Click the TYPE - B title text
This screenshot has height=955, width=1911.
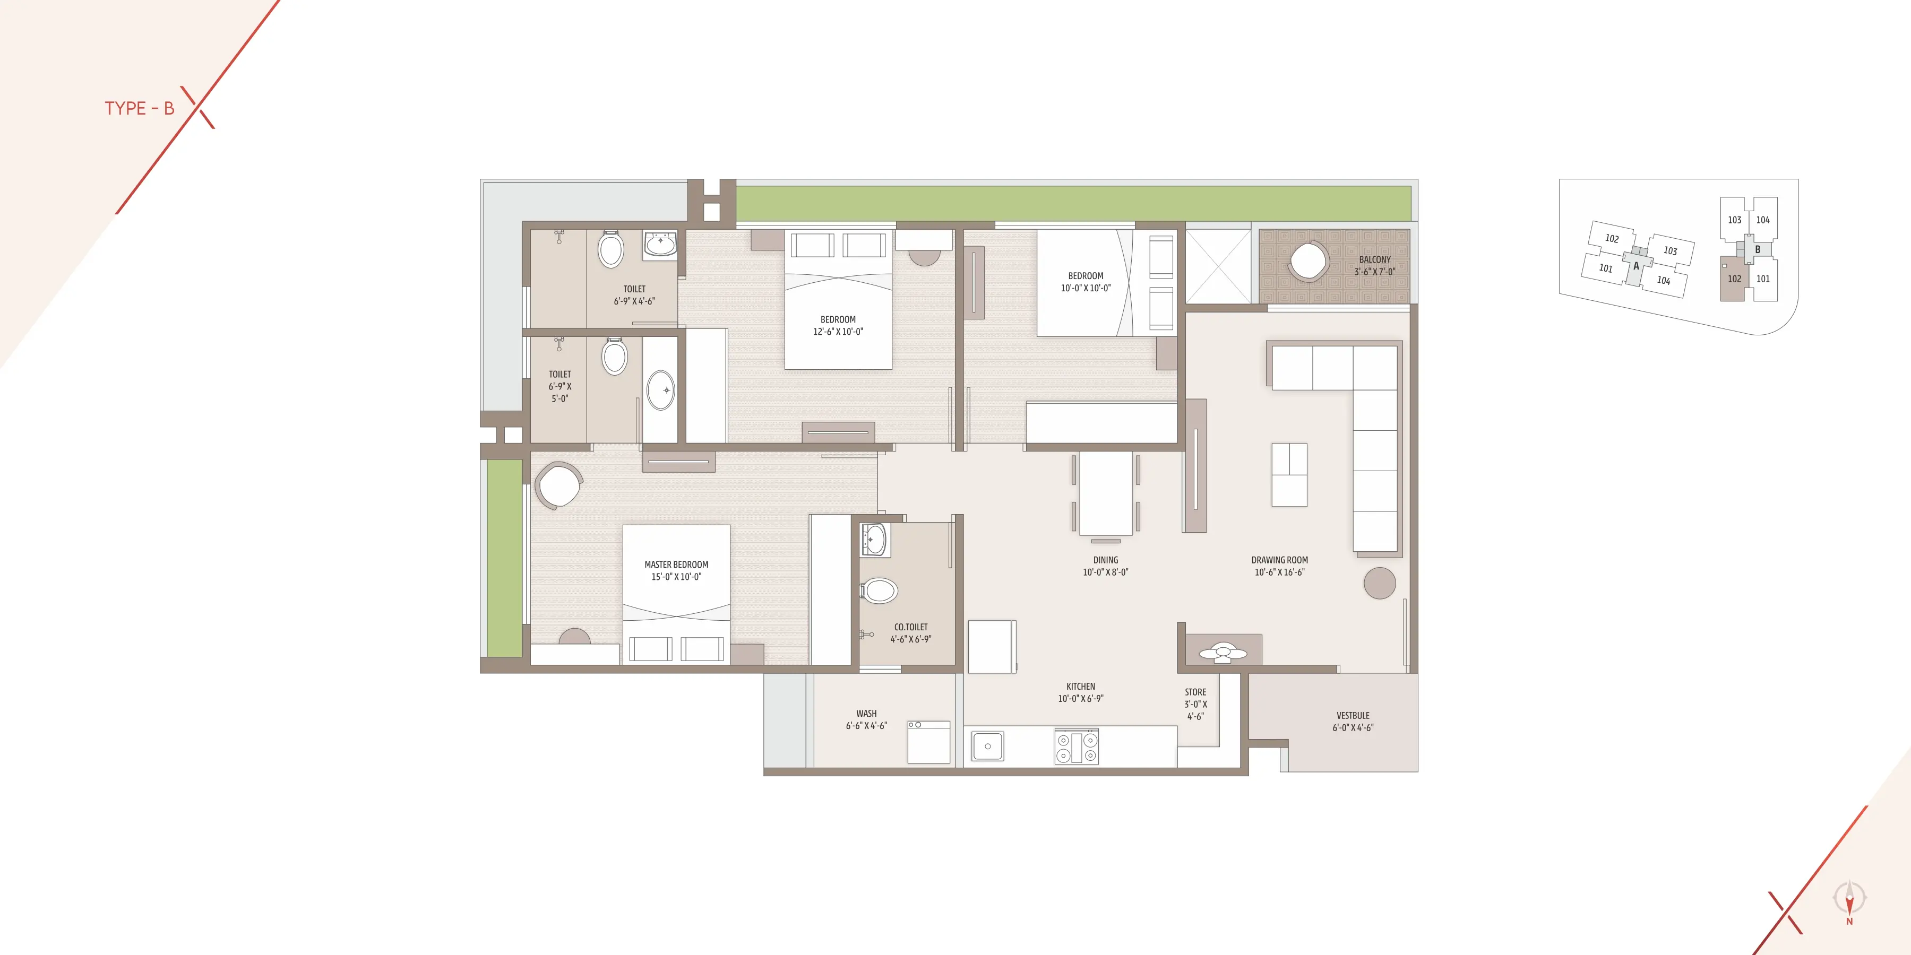140,108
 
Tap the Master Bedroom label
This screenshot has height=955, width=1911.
676,570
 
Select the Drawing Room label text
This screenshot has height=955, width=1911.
1280,566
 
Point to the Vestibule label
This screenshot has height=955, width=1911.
1353,722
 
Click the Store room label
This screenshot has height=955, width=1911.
1195,704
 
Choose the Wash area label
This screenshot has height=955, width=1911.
866,719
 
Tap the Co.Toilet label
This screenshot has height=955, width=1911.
910,632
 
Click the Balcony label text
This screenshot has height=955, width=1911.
1375,265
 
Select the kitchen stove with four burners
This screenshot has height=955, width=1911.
1077,746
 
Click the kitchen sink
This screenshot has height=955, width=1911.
987,746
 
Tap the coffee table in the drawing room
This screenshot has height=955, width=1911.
1289,474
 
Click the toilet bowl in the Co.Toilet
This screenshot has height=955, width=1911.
879,591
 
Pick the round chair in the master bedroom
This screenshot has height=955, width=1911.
558,485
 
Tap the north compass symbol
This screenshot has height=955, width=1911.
1849,901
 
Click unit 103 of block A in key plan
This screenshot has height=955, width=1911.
1671,250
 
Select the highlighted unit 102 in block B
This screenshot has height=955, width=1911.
1733,279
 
